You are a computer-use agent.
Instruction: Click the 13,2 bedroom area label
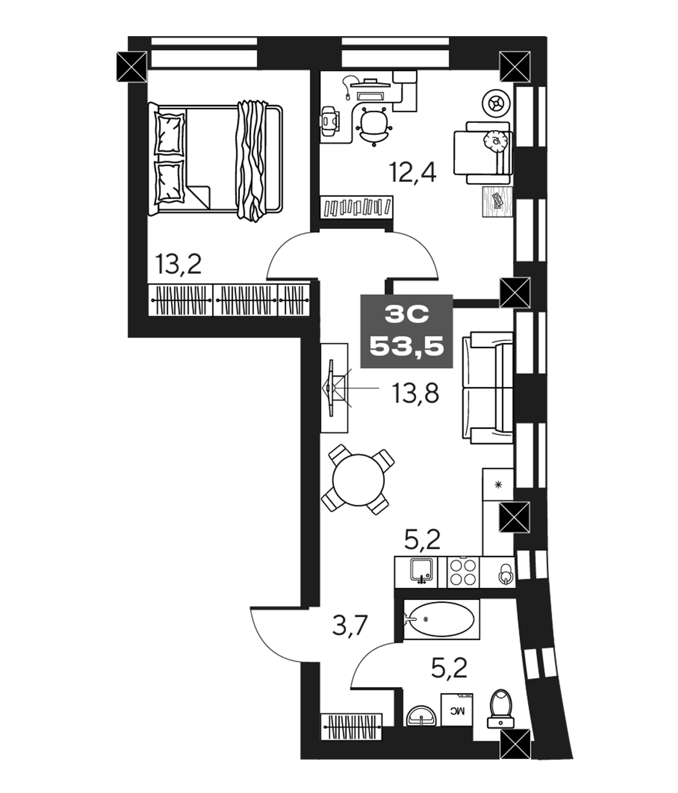click(178, 265)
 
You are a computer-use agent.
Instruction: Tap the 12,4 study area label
click(413, 172)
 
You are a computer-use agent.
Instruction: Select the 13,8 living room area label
click(415, 393)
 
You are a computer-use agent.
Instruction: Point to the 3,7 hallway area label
click(350, 626)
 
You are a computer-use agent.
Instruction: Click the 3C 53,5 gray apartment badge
click(407, 331)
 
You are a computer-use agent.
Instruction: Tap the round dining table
click(358, 481)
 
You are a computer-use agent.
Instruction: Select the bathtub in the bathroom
click(441, 619)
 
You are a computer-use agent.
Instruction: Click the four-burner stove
click(463, 572)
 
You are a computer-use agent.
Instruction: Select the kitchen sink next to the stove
click(422, 572)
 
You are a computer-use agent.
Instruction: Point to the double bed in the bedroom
click(216, 160)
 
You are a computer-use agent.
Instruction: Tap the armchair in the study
click(483, 153)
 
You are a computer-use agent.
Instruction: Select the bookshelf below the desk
click(356, 207)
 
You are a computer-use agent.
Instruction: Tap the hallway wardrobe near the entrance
click(351, 726)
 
